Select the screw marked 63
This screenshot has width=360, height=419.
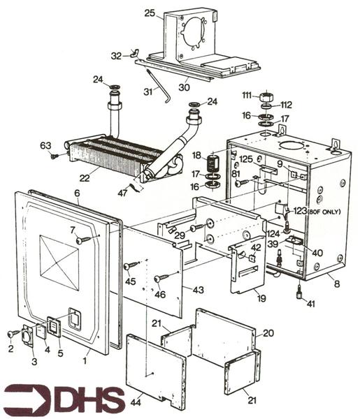[x=55, y=156]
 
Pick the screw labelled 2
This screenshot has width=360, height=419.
[x=13, y=334]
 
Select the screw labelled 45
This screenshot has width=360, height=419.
[x=130, y=265]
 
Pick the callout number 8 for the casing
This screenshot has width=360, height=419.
[x=338, y=284]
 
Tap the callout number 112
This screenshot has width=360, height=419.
[x=287, y=105]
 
